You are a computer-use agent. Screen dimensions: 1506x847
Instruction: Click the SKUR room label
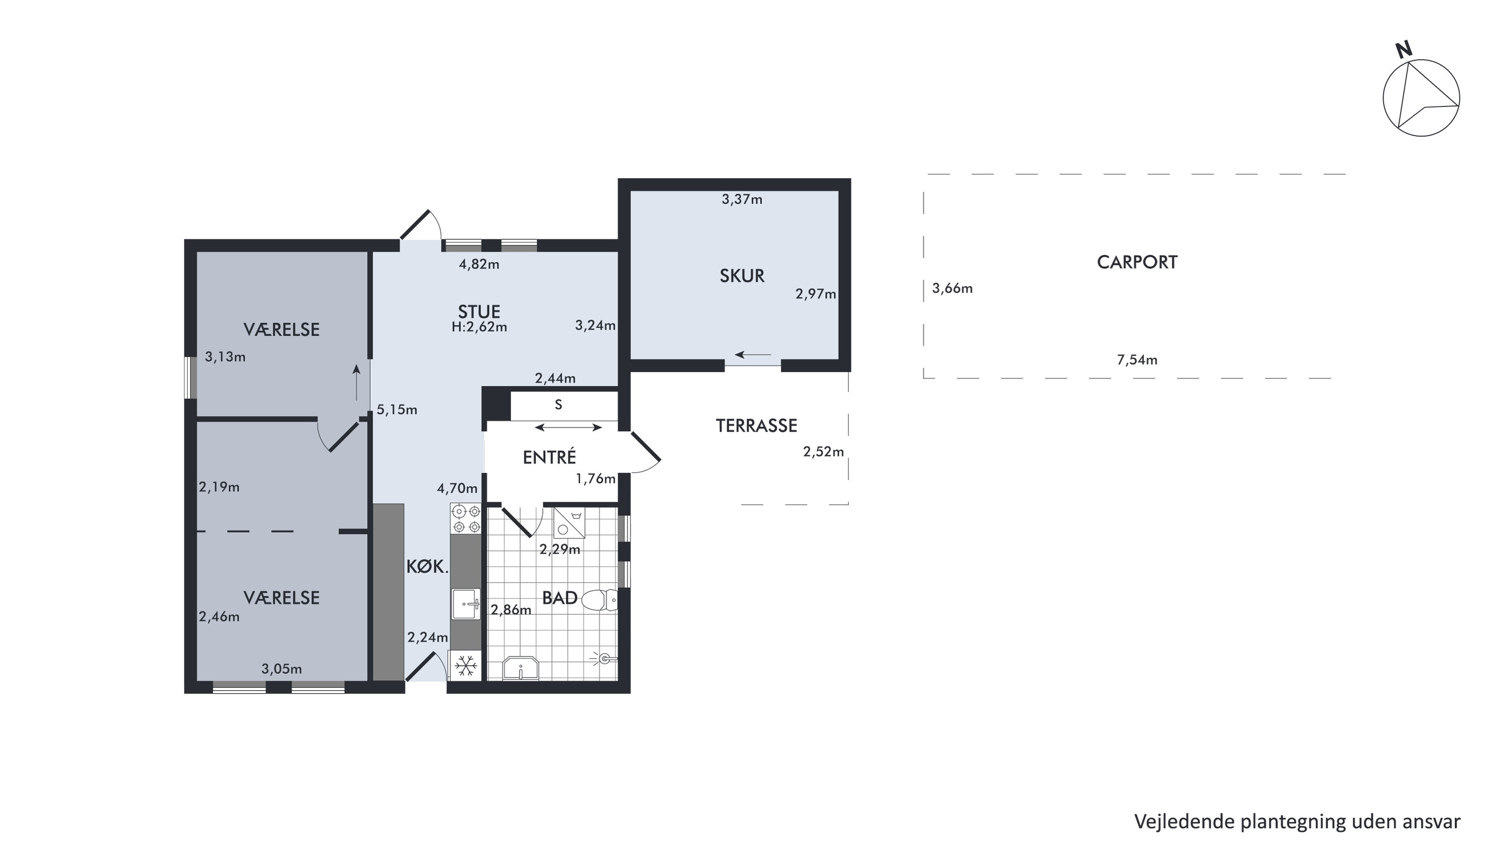click(x=742, y=275)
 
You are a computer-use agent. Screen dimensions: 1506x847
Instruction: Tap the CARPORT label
click(x=1137, y=262)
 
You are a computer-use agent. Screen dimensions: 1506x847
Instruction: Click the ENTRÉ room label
click(x=550, y=456)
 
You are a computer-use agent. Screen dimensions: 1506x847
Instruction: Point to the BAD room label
click(x=560, y=598)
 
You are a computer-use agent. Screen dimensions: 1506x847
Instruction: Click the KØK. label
click(x=427, y=566)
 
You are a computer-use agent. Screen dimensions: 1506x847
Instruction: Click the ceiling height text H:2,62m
click(x=479, y=327)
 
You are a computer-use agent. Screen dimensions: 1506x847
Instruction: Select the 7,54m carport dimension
click(x=1137, y=360)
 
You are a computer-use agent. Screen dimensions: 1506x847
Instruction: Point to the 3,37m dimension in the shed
click(x=742, y=199)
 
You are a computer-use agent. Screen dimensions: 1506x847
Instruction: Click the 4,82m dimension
click(x=479, y=264)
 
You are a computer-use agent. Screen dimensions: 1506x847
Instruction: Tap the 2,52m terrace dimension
click(x=824, y=452)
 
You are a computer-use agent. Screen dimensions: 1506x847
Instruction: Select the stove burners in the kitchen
click(x=466, y=519)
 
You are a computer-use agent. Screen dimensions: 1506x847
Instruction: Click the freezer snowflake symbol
click(x=466, y=666)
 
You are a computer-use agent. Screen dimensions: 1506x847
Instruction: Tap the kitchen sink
click(x=466, y=604)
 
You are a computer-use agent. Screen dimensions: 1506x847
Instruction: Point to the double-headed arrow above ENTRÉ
click(x=568, y=428)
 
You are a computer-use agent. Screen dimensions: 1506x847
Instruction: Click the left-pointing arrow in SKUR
click(x=753, y=355)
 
